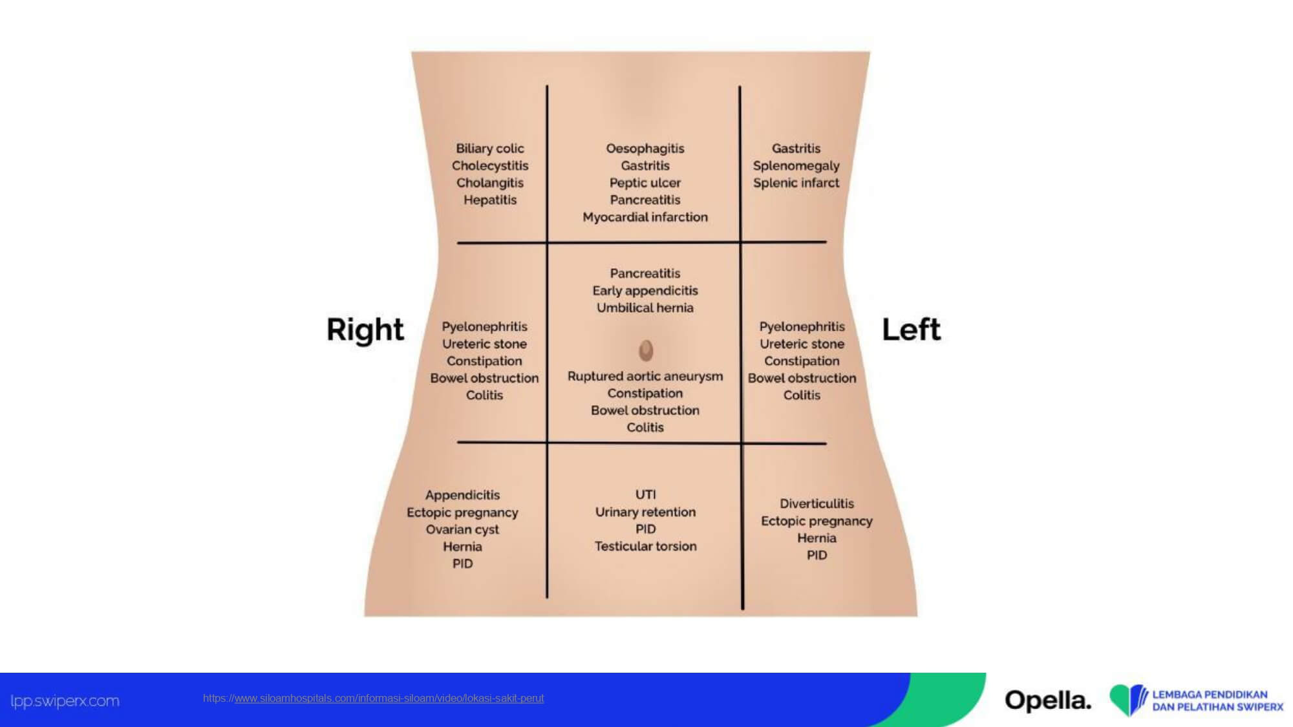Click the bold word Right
365,330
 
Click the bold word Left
911,330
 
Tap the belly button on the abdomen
646,350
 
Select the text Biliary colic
489,149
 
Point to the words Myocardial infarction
645,217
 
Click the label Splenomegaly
796,166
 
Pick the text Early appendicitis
645,291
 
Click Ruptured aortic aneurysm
645,376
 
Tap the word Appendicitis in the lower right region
462,495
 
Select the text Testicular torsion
645,546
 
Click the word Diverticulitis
817,503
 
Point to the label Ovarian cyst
462,529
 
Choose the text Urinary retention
645,512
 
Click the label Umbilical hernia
645,308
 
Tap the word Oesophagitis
645,149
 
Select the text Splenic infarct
796,183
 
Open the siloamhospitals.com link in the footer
373,698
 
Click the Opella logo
1047,701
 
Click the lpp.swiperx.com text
65,701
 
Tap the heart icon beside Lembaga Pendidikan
1127,700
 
